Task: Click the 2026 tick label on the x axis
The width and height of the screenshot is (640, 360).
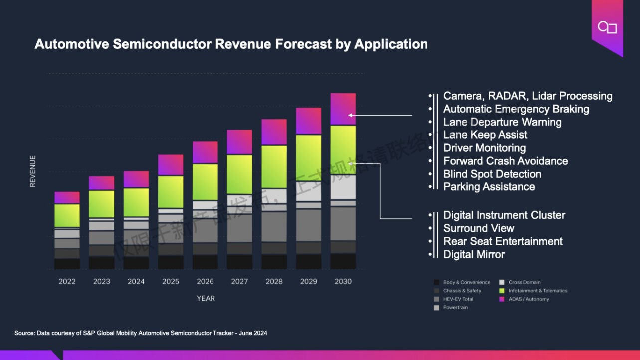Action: click(205, 281)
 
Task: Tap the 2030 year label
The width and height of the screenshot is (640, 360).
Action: click(343, 281)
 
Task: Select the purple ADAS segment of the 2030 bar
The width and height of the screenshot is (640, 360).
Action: click(343, 109)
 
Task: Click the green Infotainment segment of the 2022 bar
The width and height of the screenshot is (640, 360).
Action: click(67, 215)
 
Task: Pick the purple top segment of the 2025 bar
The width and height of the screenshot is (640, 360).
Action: click(171, 164)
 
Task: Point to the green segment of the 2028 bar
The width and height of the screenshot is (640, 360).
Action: click(274, 167)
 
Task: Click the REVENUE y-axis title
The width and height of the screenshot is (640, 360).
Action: click(33, 171)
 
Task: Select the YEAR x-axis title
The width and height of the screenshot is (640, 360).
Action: click(206, 298)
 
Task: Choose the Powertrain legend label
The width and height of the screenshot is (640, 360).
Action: click(455, 308)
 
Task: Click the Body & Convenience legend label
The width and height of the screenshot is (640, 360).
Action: click(467, 282)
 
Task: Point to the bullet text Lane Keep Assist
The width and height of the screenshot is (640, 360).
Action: click(485, 135)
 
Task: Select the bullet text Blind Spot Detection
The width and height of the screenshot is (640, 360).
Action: click(492, 174)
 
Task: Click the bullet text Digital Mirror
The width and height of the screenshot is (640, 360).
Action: click(474, 254)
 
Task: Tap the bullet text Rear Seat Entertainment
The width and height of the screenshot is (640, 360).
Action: click(503, 241)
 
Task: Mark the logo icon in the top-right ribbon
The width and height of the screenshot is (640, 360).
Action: click(607, 28)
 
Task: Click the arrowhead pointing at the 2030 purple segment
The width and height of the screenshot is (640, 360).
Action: click(350, 115)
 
